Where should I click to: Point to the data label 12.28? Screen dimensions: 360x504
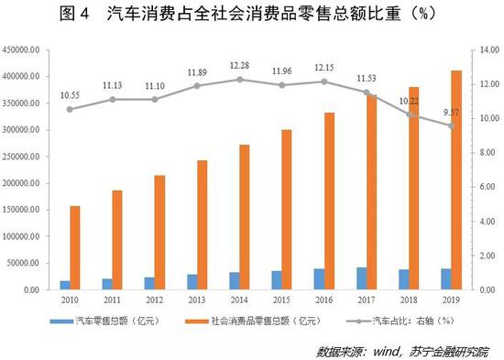[x=240, y=66]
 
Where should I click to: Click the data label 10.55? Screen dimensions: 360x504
[x=70, y=95]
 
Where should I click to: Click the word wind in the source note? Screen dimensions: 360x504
[x=389, y=349]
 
